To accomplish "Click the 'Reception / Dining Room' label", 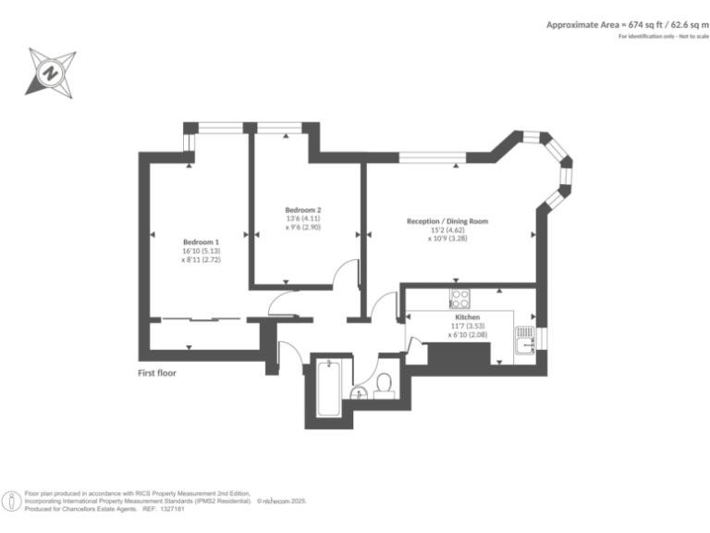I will (447, 221).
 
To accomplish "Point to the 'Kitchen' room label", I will (467, 316).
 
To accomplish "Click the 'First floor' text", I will (157, 373).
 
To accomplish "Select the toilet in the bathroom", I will (385, 385).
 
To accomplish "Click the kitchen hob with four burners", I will (459, 298).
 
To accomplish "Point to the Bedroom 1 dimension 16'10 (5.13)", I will (201, 251).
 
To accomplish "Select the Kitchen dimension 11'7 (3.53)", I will (467, 326).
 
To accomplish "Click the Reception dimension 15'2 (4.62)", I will (447, 230).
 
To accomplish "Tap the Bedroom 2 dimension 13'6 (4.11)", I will (303, 218).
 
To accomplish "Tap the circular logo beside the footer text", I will (12, 501).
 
